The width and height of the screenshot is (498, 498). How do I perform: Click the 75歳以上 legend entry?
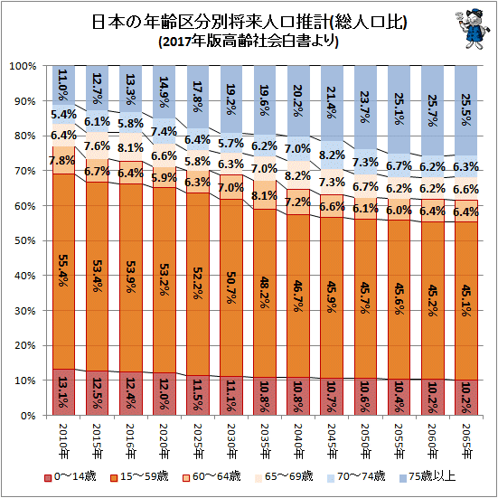[x=428, y=476]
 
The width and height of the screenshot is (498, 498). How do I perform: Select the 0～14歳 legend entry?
[x=70, y=476]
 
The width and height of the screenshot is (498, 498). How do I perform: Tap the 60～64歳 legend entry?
[x=211, y=476]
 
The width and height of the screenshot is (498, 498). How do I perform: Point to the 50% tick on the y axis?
[x=24, y=241]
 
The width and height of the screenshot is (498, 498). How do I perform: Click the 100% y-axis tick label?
[x=23, y=66]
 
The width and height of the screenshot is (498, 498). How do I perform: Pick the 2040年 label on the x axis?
[x=298, y=441]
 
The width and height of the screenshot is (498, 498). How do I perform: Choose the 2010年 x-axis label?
[x=63, y=441]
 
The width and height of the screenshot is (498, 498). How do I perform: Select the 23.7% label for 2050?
[x=365, y=108]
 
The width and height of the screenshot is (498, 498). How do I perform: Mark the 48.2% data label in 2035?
[x=264, y=292]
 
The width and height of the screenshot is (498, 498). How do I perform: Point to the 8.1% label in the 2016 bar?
[x=130, y=148]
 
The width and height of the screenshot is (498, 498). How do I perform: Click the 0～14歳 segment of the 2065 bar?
[x=466, y=398]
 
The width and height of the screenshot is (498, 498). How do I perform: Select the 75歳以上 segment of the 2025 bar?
[x=198, y=98]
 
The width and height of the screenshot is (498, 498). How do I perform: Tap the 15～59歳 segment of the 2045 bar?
[x=332, y=298]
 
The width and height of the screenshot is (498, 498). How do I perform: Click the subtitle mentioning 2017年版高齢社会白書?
[x=249, y=42]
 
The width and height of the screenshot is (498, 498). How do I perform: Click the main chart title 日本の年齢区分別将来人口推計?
[x=249, y=23]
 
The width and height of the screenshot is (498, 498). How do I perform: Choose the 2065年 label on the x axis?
[x=466, y=441]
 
